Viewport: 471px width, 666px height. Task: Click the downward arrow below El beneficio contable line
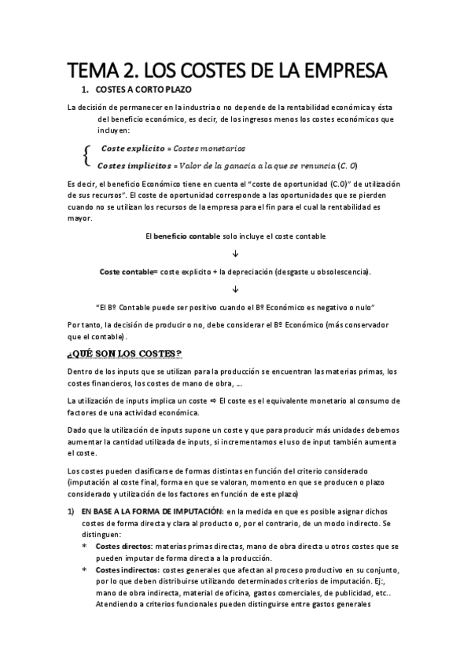pyautogui.click(x=236, y=253)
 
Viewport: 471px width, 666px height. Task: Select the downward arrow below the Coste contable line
pyautogui.click(x=236, y=288)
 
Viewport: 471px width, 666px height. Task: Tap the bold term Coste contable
pyautogui.click(x=127, y=271)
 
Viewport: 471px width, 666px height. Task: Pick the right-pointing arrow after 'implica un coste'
pyautogui.click(x=223, y=401)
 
